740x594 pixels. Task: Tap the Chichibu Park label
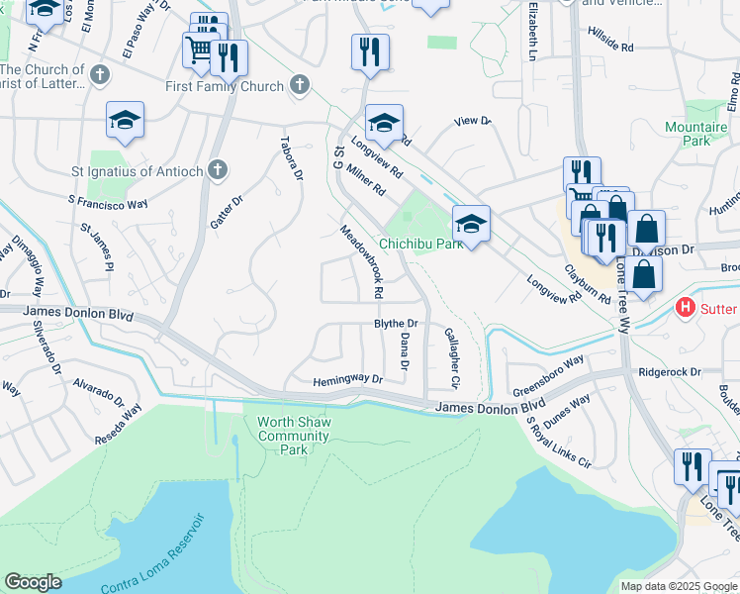pos(421,244)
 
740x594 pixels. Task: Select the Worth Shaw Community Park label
pos(295,436)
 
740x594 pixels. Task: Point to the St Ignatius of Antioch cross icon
pos(217,170)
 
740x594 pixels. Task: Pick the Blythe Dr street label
pos(396,324)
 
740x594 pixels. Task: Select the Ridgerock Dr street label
pos(670,372)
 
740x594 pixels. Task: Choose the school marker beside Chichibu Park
pos(472,224)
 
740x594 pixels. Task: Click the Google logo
pos(33,582)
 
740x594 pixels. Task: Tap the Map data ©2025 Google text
pos(678,586)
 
